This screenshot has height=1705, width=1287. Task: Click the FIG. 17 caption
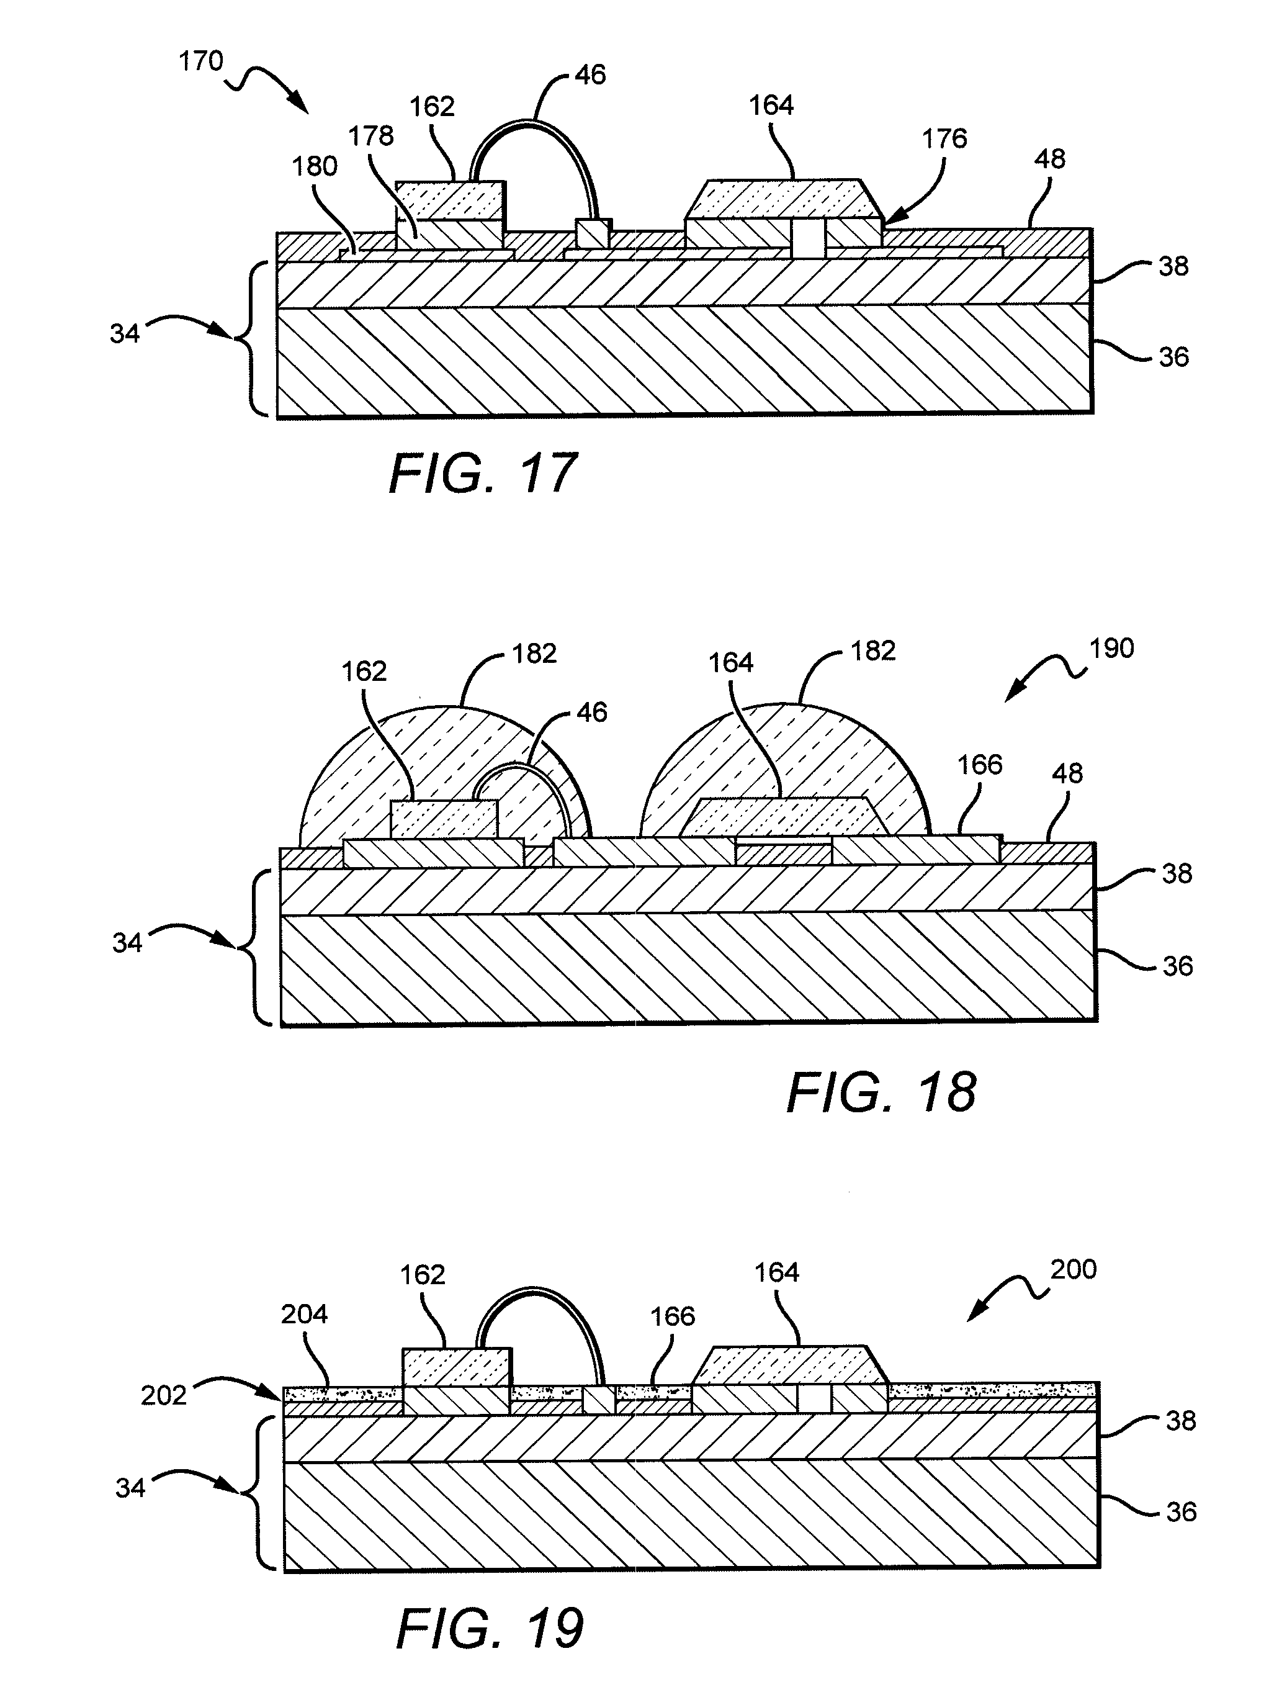483,474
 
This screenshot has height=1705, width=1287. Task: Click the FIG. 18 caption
882,1092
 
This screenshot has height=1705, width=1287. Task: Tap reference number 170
201,61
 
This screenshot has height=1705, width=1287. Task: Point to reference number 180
315,166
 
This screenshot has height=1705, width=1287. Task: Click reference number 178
370,137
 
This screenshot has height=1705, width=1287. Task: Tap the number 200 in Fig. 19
1074,1269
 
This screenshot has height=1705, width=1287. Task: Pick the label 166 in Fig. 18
979,765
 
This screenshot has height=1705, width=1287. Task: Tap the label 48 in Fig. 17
1049,160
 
